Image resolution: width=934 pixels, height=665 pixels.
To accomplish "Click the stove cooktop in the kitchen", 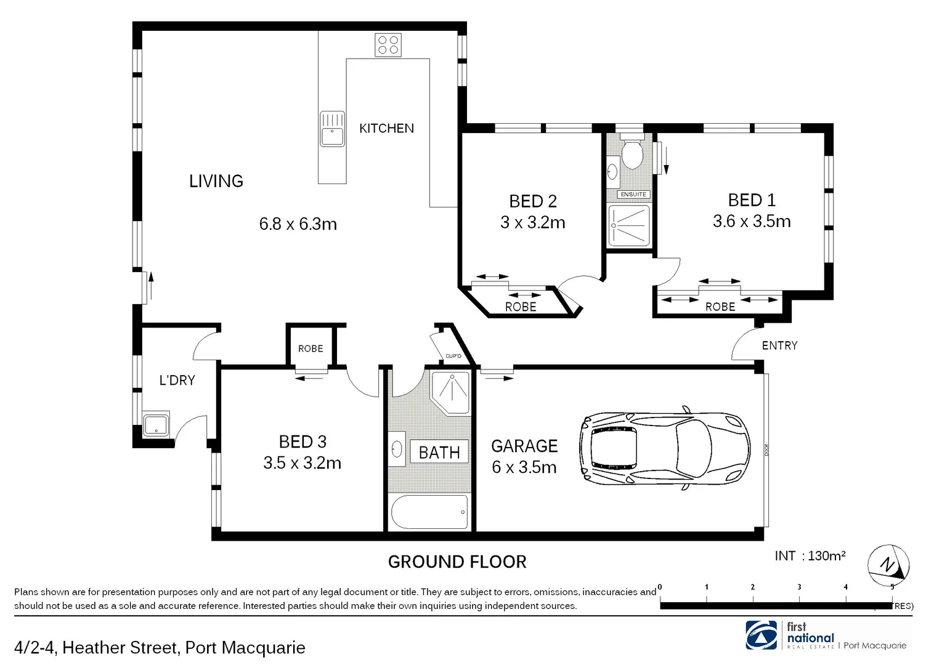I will [x=388, y=45].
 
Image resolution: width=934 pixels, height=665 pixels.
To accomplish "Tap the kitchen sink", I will [x=332, y=129].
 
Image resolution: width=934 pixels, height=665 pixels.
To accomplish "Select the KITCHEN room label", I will [x=386, y=129].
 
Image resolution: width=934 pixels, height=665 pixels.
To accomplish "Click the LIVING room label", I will [x=216, y=181].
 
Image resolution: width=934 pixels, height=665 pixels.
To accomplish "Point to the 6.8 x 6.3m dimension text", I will [x=298, y=224].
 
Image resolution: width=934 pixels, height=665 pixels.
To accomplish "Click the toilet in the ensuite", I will [x=631, y=155].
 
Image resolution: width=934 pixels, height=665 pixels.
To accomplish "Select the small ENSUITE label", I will [x=633, y=195].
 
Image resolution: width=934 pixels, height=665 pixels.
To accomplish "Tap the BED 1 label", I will [x=751, y=200].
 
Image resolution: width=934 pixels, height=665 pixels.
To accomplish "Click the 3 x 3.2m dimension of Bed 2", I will [x=532, y=222].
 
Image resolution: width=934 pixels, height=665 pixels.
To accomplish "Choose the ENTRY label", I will [x=779, y=345].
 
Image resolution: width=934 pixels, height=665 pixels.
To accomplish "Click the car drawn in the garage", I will [x=664, y=448].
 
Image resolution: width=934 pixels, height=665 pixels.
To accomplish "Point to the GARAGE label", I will [x=524, y=446].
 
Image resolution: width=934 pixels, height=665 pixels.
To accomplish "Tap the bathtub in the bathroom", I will [x=430, y=512].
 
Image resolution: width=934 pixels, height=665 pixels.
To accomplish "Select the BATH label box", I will [x=439, y=453].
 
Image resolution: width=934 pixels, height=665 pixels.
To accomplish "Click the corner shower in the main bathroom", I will [x=451, y=392].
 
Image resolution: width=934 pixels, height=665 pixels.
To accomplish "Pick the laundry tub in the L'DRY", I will [x=156, y=424].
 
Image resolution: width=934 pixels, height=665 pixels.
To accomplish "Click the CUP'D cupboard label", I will [x=453, y=356].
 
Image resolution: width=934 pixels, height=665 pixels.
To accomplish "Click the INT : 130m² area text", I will [x=810, y=556].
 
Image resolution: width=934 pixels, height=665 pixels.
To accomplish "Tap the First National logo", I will [x=761, y=635].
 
